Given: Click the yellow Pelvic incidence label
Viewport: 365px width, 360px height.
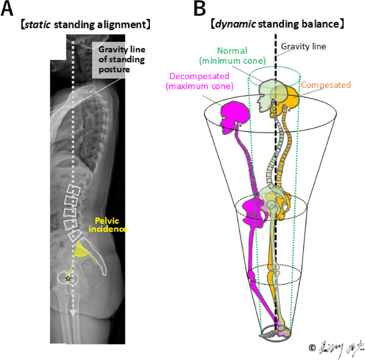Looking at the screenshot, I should coord(107,225).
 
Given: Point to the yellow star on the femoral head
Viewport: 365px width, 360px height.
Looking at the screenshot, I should coord(68,278).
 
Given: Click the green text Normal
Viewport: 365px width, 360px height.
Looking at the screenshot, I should coord(232,51).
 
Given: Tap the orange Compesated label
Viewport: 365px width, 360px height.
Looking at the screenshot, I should coord(326,85).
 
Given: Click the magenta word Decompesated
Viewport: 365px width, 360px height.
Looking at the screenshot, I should coord(199,76).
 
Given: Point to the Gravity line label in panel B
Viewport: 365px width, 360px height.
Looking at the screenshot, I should coord(303,47).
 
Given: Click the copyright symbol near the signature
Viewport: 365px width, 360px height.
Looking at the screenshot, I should coord(312,348).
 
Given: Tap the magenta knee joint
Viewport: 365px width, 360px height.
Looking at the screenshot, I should coord(252,276).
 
